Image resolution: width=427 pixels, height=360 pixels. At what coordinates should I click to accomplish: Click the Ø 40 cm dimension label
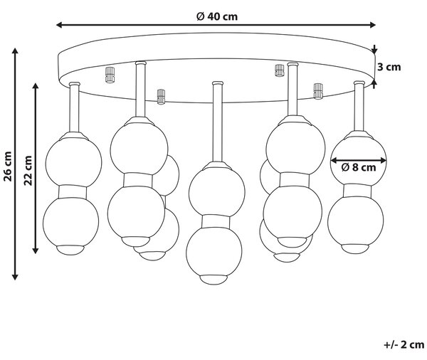[217, 16]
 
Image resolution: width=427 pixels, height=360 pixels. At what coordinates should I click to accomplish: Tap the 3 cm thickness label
[389, 67]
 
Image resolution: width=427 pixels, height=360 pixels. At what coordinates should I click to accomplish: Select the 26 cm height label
[8, 166]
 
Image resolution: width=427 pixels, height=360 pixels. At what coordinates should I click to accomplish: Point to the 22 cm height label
[28, 171]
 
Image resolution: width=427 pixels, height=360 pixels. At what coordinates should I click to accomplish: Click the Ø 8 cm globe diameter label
[359, 167]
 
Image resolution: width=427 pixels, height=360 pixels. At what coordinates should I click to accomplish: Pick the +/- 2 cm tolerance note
[404, 345]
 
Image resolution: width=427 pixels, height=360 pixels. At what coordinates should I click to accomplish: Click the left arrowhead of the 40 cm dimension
[59, 25]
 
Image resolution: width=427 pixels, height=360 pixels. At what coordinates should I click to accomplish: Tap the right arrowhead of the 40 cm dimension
[372, 25]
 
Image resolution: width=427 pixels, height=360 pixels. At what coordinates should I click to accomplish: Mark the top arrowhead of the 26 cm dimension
[15, 51]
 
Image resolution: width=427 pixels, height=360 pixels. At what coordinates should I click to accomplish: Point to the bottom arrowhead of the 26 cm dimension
[15, 276]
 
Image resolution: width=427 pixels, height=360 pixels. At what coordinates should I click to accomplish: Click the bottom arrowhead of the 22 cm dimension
[35, 250]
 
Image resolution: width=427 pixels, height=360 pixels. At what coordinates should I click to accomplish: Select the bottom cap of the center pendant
[213, 280]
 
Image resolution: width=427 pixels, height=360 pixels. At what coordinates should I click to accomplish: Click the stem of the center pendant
[217, 122]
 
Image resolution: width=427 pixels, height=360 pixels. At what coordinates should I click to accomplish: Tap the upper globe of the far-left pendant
[73, 163]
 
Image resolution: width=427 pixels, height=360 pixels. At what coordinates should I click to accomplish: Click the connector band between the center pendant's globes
[216, 221]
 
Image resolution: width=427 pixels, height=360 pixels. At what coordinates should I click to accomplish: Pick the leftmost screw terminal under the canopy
[110, 75]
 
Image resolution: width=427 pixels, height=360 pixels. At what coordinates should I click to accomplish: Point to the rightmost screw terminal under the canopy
[318, 91]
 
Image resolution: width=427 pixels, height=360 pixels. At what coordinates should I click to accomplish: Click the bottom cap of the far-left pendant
[70, 250]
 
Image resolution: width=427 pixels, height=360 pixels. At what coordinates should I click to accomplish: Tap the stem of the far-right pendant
[359, 106]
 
